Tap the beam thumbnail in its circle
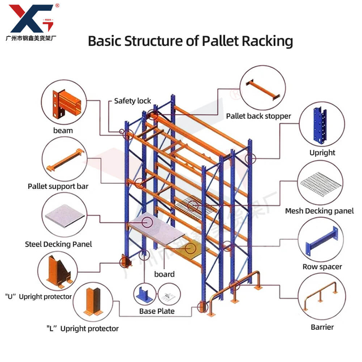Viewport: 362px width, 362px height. (x=63, y=103)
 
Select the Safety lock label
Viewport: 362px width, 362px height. (x=132, y=101)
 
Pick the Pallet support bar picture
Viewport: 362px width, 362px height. (x=64, y=160)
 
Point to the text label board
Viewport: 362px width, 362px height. (x=164, y=274)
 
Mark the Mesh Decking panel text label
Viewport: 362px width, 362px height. (x=319, y=211)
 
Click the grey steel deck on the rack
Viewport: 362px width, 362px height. (x=158, y=232)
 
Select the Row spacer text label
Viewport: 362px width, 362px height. (x=322, y=266)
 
